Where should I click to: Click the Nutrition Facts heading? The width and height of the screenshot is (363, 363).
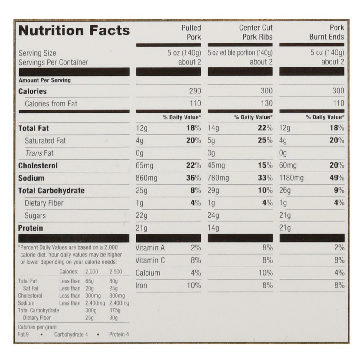coord(74,31)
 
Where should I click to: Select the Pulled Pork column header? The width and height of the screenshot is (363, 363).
coord(191,32)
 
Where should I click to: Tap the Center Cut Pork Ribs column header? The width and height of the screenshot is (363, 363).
coord(256,32)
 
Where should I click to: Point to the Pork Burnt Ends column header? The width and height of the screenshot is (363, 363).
coord(327,32)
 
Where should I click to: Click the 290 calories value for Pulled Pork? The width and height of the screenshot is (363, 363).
coord(195,91)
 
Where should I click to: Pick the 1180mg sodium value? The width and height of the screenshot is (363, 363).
coord(291,178)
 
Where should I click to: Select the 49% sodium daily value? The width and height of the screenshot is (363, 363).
coord(337,178)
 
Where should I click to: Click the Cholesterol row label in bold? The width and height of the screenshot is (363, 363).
coord(38,166)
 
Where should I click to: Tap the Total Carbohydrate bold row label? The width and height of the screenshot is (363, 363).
coord(51,191)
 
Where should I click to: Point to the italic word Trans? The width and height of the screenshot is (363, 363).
coord(34,153)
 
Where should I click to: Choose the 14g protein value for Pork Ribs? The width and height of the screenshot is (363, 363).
coord(213,228)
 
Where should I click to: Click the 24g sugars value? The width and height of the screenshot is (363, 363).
coord(213,216)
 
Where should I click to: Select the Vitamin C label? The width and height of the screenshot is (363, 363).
coord(150,260)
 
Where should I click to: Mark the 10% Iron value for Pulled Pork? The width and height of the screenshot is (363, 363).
coord(194,285)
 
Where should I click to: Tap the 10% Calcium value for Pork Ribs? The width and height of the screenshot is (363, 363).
coord(265,273)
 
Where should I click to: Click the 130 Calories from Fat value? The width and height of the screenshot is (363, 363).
coord(267,103)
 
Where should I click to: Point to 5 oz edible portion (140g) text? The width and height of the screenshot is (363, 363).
coord(240,53)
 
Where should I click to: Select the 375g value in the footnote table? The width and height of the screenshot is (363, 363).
coord(115,310)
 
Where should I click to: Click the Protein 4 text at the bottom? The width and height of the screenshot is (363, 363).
coord(119,335)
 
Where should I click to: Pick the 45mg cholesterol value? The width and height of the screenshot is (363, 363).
coord(216,165)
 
